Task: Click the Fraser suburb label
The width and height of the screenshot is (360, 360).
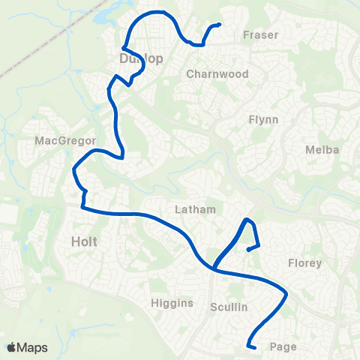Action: tap(261, 34)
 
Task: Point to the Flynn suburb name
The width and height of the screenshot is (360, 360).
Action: tap(262, 119)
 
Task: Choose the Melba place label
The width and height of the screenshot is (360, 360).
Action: tap(322, 150)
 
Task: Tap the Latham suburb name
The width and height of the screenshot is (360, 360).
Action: tap(195, 209)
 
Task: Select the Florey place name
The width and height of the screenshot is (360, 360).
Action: tap(304, 263)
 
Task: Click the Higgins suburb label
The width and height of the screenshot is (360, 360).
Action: tap(172, 303)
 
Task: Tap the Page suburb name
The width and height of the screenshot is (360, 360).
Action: tap(283, 346)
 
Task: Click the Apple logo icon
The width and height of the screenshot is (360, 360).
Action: tap(12, 347)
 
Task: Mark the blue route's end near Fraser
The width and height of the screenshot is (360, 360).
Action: tap(219, 25)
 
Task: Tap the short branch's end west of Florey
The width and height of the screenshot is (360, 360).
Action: tap(248, 250)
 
